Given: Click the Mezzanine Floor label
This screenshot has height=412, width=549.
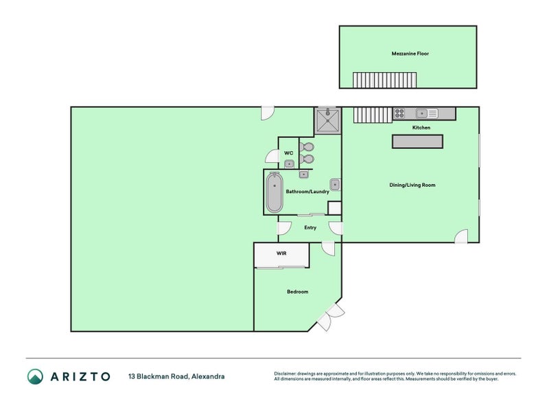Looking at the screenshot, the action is tap(410, 54).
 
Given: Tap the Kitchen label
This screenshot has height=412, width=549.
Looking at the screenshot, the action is tap(421, 128).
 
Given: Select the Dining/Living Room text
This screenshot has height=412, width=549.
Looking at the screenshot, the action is tap(412, 185).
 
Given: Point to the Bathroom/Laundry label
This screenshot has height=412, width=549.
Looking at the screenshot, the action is tap(307, 192).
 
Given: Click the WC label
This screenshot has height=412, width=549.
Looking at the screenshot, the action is tap(288, 153).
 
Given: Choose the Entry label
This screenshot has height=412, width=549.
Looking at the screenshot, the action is tap(310, 228).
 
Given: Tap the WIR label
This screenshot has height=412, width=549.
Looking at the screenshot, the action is tap(281, 253).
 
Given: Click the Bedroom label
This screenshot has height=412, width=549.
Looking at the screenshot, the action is tap(298, 291).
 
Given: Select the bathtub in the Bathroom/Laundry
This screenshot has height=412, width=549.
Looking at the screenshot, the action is tap(274, 192).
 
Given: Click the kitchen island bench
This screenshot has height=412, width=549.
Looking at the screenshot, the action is tap(417, 141).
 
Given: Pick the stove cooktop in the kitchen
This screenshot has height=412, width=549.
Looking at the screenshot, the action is tap(399, 113).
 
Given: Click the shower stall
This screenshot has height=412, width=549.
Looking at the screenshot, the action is tap(328, 121).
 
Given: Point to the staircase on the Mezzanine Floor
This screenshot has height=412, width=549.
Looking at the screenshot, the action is tap(384, 80).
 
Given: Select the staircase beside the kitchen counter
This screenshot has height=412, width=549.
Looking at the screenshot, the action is tap(373, 115).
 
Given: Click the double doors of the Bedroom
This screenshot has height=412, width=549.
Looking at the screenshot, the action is tap(331, 317).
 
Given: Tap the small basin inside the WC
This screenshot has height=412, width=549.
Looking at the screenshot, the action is tap(289, 163).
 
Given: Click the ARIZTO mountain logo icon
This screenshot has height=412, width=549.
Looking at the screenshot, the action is tap(36, 376).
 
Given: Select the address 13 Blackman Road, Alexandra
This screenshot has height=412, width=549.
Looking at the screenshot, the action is tap(176, 376).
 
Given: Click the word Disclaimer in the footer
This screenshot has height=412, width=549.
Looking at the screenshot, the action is tap(285, 374).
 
